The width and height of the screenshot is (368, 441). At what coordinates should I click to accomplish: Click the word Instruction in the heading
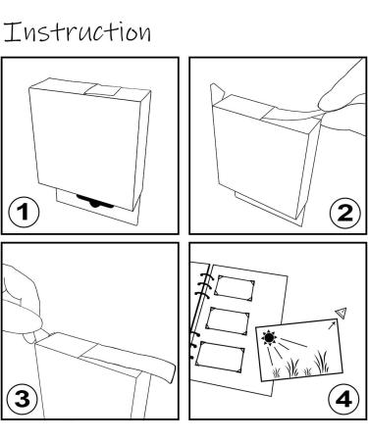tap(78, 31)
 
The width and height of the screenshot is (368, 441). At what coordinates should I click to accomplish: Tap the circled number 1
tap(24, 212)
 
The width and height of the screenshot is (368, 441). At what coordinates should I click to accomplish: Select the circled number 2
tap(344, 213)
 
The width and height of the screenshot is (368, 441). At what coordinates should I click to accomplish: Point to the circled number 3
tap(23, 400)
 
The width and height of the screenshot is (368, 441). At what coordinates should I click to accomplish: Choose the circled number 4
tap(343, 399)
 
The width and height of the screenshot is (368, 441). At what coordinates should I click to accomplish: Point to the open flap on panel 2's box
tap(216, 92)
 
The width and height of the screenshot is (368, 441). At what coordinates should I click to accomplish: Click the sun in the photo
tap(269, 338)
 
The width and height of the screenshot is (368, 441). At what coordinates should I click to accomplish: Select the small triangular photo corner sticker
tap(341, 313)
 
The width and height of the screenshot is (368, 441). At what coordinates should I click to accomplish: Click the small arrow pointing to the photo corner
tap(332, 325)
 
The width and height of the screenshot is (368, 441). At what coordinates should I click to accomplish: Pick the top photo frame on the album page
tap(235, 288)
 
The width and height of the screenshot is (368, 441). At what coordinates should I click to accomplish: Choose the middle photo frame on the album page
tap(228, 320)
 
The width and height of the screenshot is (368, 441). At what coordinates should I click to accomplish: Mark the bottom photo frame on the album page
tap(220, 357)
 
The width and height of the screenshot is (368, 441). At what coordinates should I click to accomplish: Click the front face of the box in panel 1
tap(86, 148)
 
